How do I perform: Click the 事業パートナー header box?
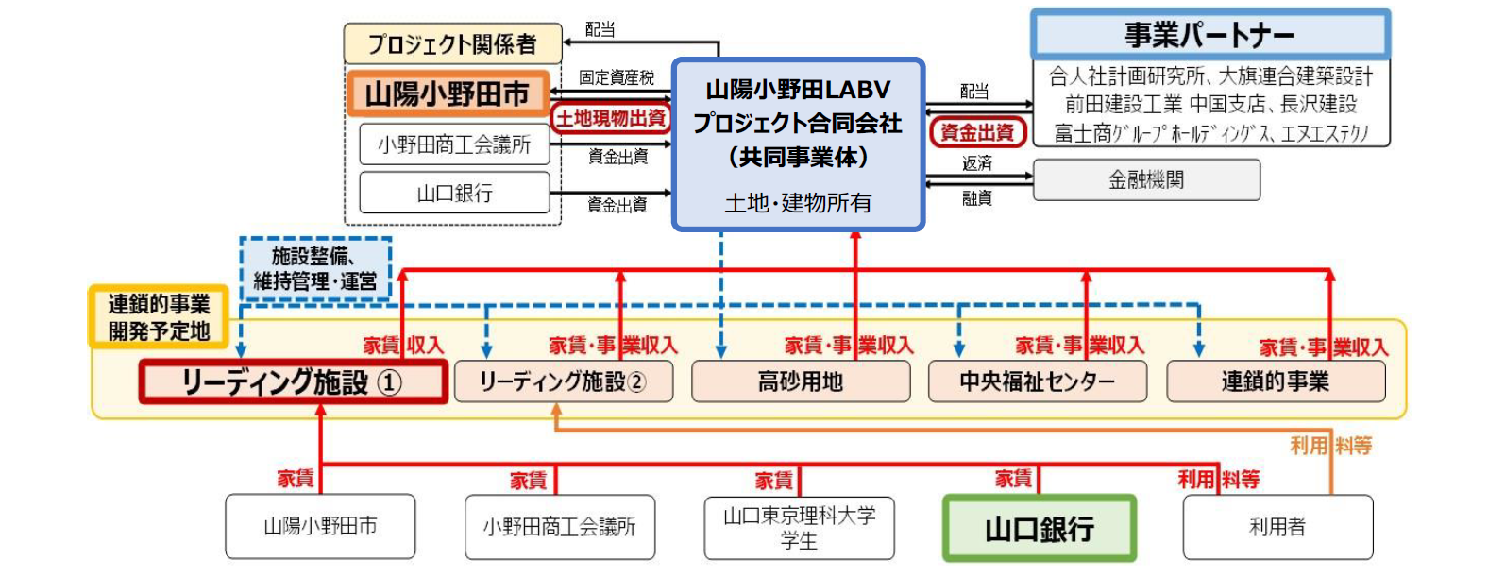[1209, 34]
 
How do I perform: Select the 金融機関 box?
[1146, 179]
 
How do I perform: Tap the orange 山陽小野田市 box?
[448, 93]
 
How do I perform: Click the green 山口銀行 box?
[1040, 528]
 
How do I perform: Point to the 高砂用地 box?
[801, 381]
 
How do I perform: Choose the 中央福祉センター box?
[1038, 381]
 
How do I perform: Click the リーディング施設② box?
[564, 381]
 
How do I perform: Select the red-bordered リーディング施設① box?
[293, 382]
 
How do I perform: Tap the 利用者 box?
[1277, 527]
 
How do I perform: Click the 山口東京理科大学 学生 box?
[799, 528]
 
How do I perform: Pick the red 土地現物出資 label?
[611, 118]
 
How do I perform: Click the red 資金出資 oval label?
[977, 132]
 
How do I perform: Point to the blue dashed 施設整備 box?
[314, 268]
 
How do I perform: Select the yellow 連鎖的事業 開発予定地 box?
[159, 317]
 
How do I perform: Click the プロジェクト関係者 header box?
[452, 43]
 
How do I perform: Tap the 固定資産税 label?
[617, 77]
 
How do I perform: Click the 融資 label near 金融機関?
[976, 198]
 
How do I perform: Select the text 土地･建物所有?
[798, 203]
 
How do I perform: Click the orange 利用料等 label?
[1330, 445]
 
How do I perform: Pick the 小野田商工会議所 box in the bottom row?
[559, 527]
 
